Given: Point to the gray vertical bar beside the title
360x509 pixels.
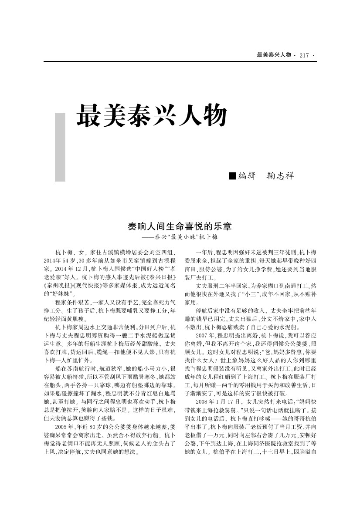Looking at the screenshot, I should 60,147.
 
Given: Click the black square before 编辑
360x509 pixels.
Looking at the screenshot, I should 232,176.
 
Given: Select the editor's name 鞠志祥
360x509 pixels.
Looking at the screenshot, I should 280,176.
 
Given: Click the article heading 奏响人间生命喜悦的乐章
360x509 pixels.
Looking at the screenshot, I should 180,227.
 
